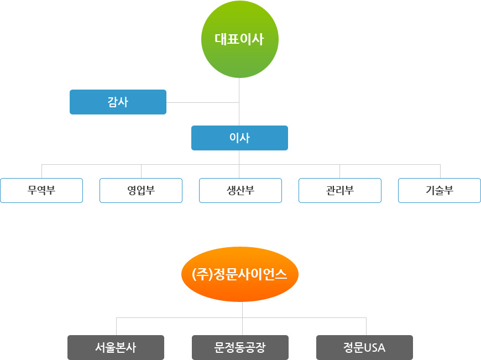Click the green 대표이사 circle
(x=239, y=39)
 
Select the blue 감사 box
(x=118, y=102)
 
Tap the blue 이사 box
(x=239, y=138)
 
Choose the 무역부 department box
(x=41, y=191)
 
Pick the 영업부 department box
(x=141, y=191)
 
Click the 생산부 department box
(x=240, y=191)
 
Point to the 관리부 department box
(x=340, y=191)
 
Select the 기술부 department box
(x=440, y=191)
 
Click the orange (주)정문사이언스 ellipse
(x=239, y=274)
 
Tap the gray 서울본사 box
(x=116, y=347)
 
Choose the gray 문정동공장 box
(x=240, y=347)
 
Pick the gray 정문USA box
(x=364, y=347)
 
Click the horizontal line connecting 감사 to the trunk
(x=202, y=102)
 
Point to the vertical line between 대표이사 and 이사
(x=239, y=88)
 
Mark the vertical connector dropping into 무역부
(x=41, y=171)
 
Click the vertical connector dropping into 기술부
(x=440, y=171)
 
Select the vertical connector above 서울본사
(x=116, y=326)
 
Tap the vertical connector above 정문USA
(x=366, y=326)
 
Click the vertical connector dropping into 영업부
(x=141, y=171)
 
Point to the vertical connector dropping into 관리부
(x=339, y=171)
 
